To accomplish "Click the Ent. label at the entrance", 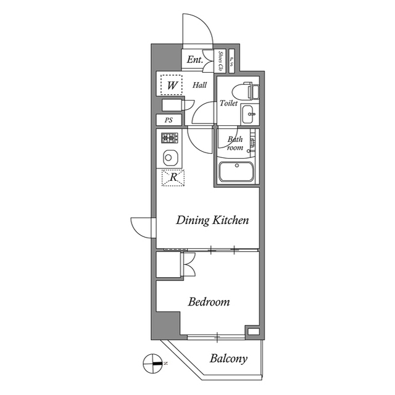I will pos(195,60).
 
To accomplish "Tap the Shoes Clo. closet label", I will pos(221,60).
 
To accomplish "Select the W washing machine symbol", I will pos(171,85).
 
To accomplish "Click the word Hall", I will pos(199,85).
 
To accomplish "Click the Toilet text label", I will pos(228,104).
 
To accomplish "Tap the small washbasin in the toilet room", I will pos(248,114).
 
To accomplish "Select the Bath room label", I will pos(235,143).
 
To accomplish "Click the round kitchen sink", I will pos(170,157).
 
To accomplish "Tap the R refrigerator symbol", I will pos(173,178).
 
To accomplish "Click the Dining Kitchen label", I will pos(212,220).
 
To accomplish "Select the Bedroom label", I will pos(209,302).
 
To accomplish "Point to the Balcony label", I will pos(228,358).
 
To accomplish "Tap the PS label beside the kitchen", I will pos(168,120).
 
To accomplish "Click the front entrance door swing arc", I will pos(198,31).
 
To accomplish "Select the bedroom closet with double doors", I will pos(168,264).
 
